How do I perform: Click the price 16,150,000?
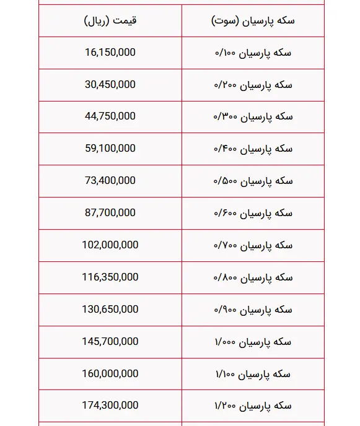110,53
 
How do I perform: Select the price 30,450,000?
110,85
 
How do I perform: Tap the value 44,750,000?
110,116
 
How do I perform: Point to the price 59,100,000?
110,149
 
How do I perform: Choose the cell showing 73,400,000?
110,181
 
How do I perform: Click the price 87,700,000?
110,213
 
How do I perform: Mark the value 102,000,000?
110,245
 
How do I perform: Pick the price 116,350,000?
110,277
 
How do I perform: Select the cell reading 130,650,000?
110,310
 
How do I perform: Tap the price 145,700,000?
110,342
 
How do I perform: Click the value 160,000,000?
110,374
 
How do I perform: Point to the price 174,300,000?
110,406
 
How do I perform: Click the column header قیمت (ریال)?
110,20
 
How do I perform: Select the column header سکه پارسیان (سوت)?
253,20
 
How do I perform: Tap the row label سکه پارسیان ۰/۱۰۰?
253,53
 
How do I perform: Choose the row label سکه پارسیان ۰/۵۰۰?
253,181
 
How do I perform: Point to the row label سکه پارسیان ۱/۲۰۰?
253,406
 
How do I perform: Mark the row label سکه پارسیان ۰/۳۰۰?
253,117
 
